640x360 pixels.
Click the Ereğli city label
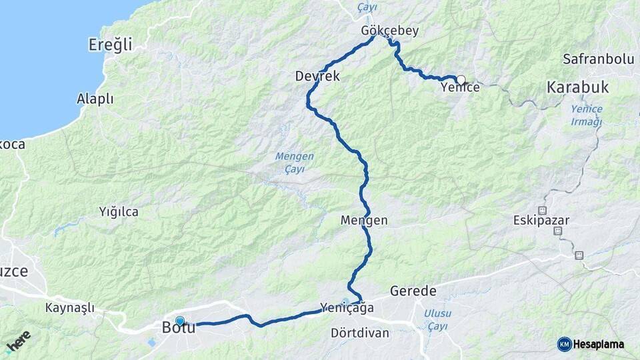(x=110, y=45)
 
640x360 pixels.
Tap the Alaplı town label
(x=95, y=99)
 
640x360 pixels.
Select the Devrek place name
(x=317, y=77)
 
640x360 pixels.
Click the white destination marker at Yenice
(x=461, y=80)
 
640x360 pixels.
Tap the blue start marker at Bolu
(x=179, y=321)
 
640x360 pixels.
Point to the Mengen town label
(x=364, y=219)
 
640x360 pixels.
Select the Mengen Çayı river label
(x=294, y=162)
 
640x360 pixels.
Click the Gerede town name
(x=413, y=291)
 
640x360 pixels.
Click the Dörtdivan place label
(x=360, y=333)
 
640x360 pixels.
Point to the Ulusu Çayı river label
(x=438, y=319)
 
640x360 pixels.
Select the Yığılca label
(x=119, y=212)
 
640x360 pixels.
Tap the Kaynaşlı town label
(x=70, y=308)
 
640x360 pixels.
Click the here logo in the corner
(x=18, y=342)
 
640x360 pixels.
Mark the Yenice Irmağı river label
(x=587, y=115)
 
